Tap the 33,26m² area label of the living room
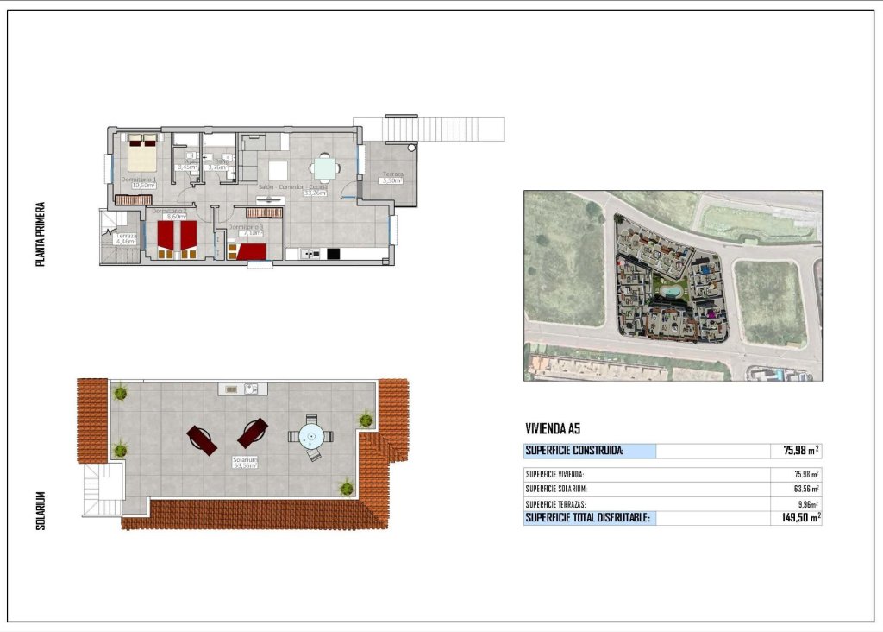315,193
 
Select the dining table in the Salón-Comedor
325,167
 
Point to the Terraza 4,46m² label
126,241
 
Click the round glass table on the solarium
310,436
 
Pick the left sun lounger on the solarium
202,440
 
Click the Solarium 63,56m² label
246,465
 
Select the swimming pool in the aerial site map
670,291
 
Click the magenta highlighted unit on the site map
711,315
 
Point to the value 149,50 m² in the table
794,518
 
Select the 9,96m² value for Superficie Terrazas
807,504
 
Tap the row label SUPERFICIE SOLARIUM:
556,489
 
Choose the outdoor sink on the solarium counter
250,389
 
